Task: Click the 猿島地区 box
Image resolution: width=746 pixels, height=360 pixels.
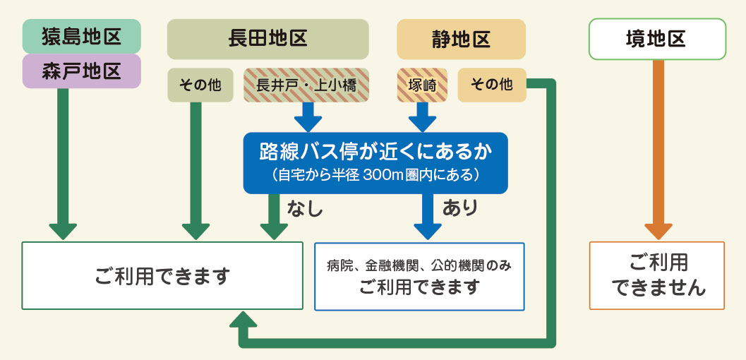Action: (82, 36)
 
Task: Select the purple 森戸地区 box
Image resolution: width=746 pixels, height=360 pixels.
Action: (82, 71)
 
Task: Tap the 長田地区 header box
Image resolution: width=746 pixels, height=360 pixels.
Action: (268, 38)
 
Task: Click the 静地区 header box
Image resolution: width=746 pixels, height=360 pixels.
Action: (462, 39)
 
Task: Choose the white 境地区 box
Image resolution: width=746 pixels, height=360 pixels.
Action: (656, 39)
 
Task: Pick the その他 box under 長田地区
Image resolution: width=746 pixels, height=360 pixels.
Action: (200, 85)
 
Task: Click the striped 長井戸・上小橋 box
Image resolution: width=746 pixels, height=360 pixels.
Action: (306, 85)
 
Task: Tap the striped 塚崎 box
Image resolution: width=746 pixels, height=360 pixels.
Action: (422, 85)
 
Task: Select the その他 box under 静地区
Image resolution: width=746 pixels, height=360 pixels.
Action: (491, 85)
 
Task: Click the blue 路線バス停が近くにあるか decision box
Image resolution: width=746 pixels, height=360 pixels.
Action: (375, 162)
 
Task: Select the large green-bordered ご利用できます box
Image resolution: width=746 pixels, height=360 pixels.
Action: (163, 276)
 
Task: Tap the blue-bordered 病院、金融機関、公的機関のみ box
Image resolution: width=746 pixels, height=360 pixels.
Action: (419, 276)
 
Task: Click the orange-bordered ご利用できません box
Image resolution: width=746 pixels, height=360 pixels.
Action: (657, 275)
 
